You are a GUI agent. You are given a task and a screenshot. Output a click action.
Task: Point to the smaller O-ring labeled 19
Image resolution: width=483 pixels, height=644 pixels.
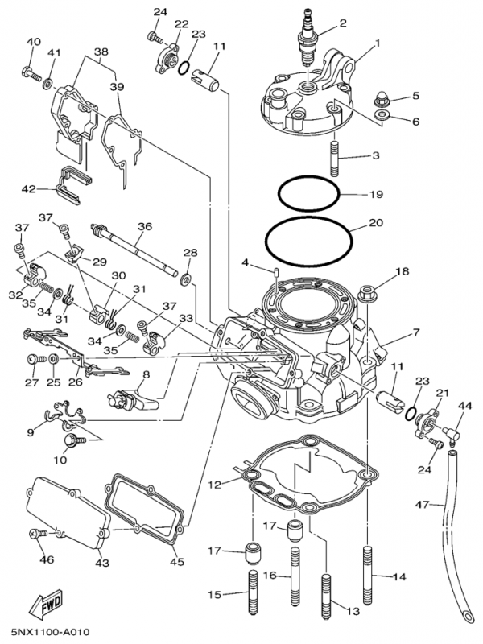click(309, 195)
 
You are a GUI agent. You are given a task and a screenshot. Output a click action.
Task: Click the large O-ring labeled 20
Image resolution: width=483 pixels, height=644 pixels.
click(308, 237)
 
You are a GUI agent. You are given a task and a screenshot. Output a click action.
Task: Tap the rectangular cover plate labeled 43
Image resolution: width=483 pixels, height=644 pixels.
click(68, 516)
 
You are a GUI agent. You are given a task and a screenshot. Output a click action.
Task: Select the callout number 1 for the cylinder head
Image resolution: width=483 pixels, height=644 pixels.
click(377, 42)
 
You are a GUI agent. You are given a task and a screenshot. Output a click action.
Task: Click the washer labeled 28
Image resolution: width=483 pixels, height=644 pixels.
click(186, 279)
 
